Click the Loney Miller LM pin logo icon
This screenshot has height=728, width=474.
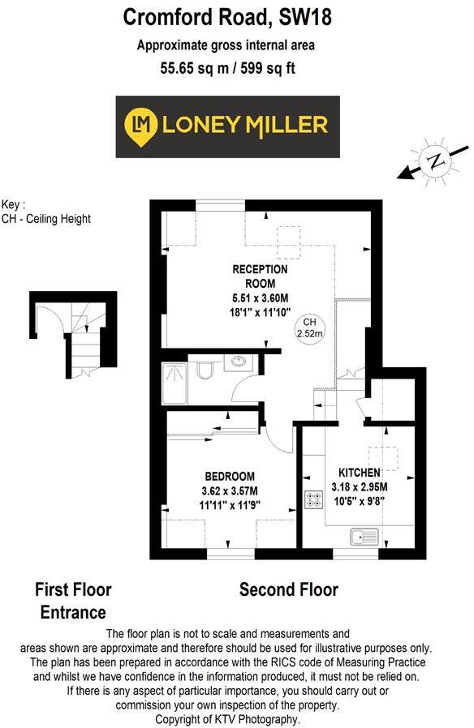pyautogui.click(x=140, y=125)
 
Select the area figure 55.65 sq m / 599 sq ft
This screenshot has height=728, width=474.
pyautogui.click(x=227, y=68)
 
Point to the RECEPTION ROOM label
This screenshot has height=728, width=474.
pyautogui.click(x=260, y=276)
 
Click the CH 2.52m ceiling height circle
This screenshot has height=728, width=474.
pyautogui.click(x=308, y=328)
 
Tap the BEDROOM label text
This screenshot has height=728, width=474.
pyautogui.click(x=230, y=476)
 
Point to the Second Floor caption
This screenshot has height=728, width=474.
pyautogui.click(x=288, y=589)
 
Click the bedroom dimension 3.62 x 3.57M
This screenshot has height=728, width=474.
pyautogui.click(x=230, y=490)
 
